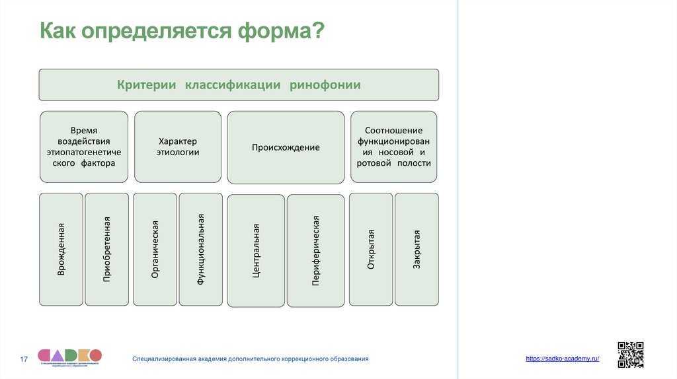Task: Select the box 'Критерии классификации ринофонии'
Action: pyautogui.click(x=239, y=85)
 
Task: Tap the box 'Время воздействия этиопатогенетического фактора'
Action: pyautogui.click(x=84, y=147)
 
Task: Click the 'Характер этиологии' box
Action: pyautogui.click(x=179, y=147)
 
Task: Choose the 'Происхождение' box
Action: pyautogui.click(x=286, y=148)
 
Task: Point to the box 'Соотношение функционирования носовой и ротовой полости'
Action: pyautogui.click(x=393, y=147)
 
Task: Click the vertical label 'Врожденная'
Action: pyautogui.click(x=61, y=249)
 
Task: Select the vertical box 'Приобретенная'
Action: pyautogui.click(x=107, y=249)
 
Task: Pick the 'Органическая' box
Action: pyautogui.click(x=155, y=249)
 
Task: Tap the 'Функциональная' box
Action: pyautogui.click(x=201, y=249)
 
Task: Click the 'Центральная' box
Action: pyautogui.click(x=256, y=250)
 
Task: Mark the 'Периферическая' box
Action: pyautogui.click(x=315, y=250)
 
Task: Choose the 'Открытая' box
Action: pyautogui.click(x=371, y=249)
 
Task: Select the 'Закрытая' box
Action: pyautogui.click(x=417, y=249)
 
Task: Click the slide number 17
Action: pyautogui.click(x=24, y=359)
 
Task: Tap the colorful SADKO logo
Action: pyautogui.click(x=69, y=356)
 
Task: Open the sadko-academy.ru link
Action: pyautogui.click(x=563, y=358)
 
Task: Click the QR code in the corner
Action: pyautogui.click(x=630, y=354)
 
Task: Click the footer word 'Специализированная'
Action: pyautogui.click(x=165, y=359)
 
